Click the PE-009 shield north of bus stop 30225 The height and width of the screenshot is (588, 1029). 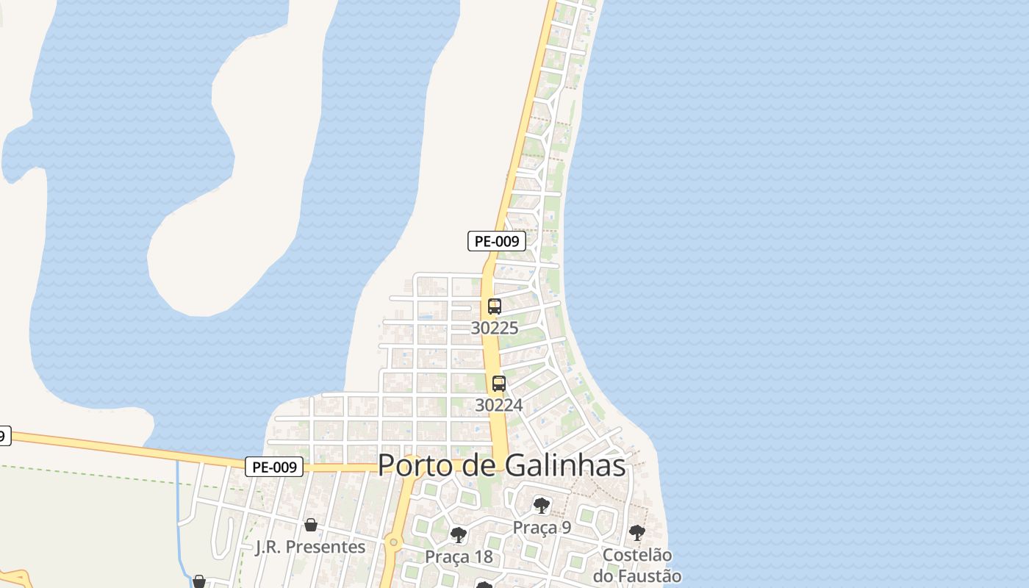[x=497, y=240]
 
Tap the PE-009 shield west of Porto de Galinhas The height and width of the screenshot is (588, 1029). [x=273, y=467]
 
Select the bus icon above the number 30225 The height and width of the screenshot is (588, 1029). [x=495, y=306]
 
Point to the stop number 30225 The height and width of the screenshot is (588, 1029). [x=494, y=328]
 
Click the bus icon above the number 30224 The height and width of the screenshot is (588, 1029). [x=499, y=384]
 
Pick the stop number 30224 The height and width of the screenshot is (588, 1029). [x=499, y=405]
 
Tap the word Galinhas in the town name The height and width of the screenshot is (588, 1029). [x=566, y=466]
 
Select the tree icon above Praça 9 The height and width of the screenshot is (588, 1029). [x=542, y=506]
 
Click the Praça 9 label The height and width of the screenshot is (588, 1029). [x=542, y=527]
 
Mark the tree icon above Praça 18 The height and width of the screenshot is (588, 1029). [x=459, y=535]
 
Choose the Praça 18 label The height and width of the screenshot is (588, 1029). [x=459, y=556]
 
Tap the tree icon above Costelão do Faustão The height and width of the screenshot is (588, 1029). [x=637, y=533]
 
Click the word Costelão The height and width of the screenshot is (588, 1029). [x=637, y=555]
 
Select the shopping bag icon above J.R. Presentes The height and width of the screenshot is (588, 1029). [x=311, y=525]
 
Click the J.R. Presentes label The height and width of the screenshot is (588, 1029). [x=310, y=547]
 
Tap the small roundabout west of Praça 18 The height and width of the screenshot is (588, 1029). [x=393, y=543]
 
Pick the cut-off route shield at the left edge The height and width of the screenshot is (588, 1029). [x=4, y=436]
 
